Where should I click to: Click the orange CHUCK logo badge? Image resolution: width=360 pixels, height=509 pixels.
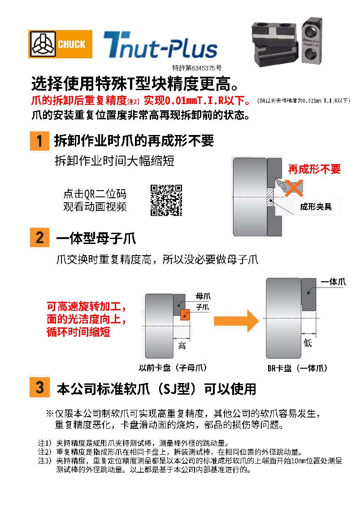tap(60, 44)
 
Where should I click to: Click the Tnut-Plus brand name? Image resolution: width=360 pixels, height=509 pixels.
tap(160, 46)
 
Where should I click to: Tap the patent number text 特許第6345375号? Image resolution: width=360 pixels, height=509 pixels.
tap(197, 69)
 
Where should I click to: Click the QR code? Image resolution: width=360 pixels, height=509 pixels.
tap(166, 200)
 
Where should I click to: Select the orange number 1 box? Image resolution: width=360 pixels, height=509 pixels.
tap(39, 141)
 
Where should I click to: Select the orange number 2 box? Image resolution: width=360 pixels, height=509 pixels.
tap(39, 237)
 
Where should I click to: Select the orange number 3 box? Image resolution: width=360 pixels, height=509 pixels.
tap(39, 387)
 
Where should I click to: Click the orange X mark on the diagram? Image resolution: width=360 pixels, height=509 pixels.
tap(294, 187)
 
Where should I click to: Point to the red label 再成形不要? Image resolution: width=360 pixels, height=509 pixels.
tap(314, 169)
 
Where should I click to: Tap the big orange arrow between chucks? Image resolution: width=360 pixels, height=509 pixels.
tap(236, 320)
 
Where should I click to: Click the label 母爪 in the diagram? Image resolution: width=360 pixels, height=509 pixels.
tap(203, 296)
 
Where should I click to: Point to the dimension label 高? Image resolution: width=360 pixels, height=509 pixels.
tap(182, 346)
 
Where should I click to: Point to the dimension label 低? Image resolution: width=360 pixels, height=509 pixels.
tap(308, 343)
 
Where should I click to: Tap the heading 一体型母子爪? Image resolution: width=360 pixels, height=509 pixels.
tap(96, 238)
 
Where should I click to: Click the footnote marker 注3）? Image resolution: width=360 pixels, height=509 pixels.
tap(45, 461)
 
